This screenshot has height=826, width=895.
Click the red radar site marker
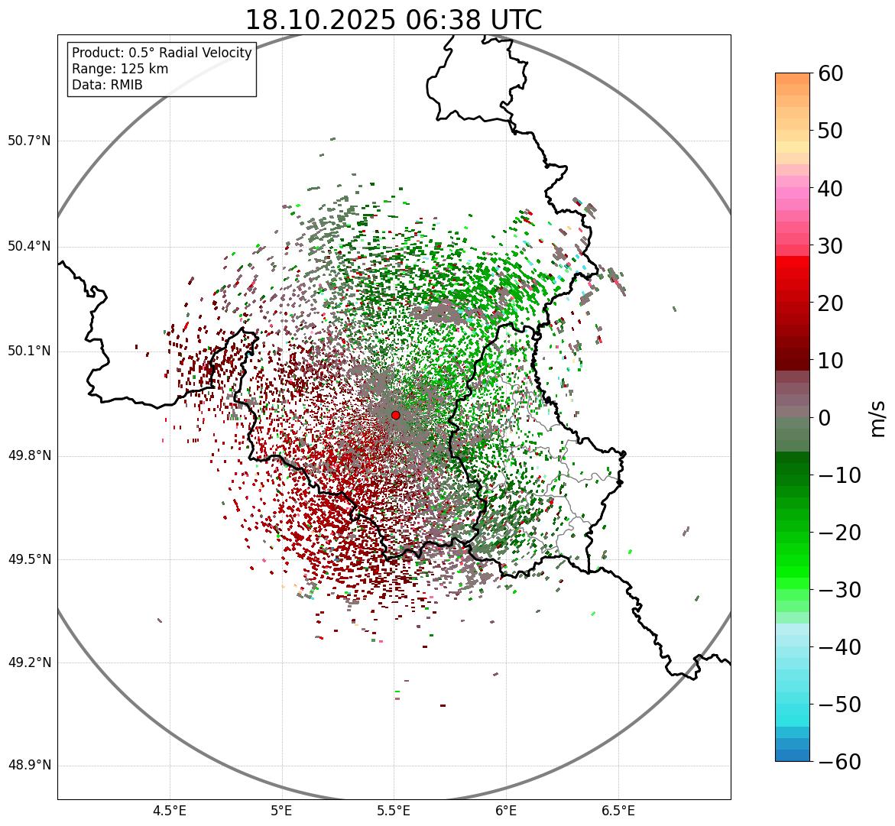[395, 415]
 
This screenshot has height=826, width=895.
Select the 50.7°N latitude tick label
[29, 141]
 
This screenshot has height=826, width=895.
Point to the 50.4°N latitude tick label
[29, 247]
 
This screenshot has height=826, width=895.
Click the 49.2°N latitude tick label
[29, 662]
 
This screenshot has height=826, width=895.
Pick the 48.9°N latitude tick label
[29, 766]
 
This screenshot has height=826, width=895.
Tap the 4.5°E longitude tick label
[170, 810]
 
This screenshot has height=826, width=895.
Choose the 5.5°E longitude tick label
[394, 810]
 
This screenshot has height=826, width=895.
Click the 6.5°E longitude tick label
[618, 810]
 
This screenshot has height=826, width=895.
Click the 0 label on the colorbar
[824, 418]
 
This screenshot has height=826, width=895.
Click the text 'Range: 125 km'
[120, 69]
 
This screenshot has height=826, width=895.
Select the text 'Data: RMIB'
[107, 85]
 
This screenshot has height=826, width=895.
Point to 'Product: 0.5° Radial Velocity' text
[161, 53]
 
